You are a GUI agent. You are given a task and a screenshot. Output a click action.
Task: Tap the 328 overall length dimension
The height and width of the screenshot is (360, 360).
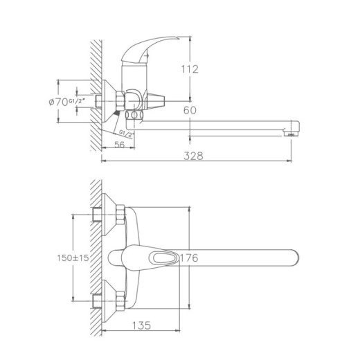coord(194,156)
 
